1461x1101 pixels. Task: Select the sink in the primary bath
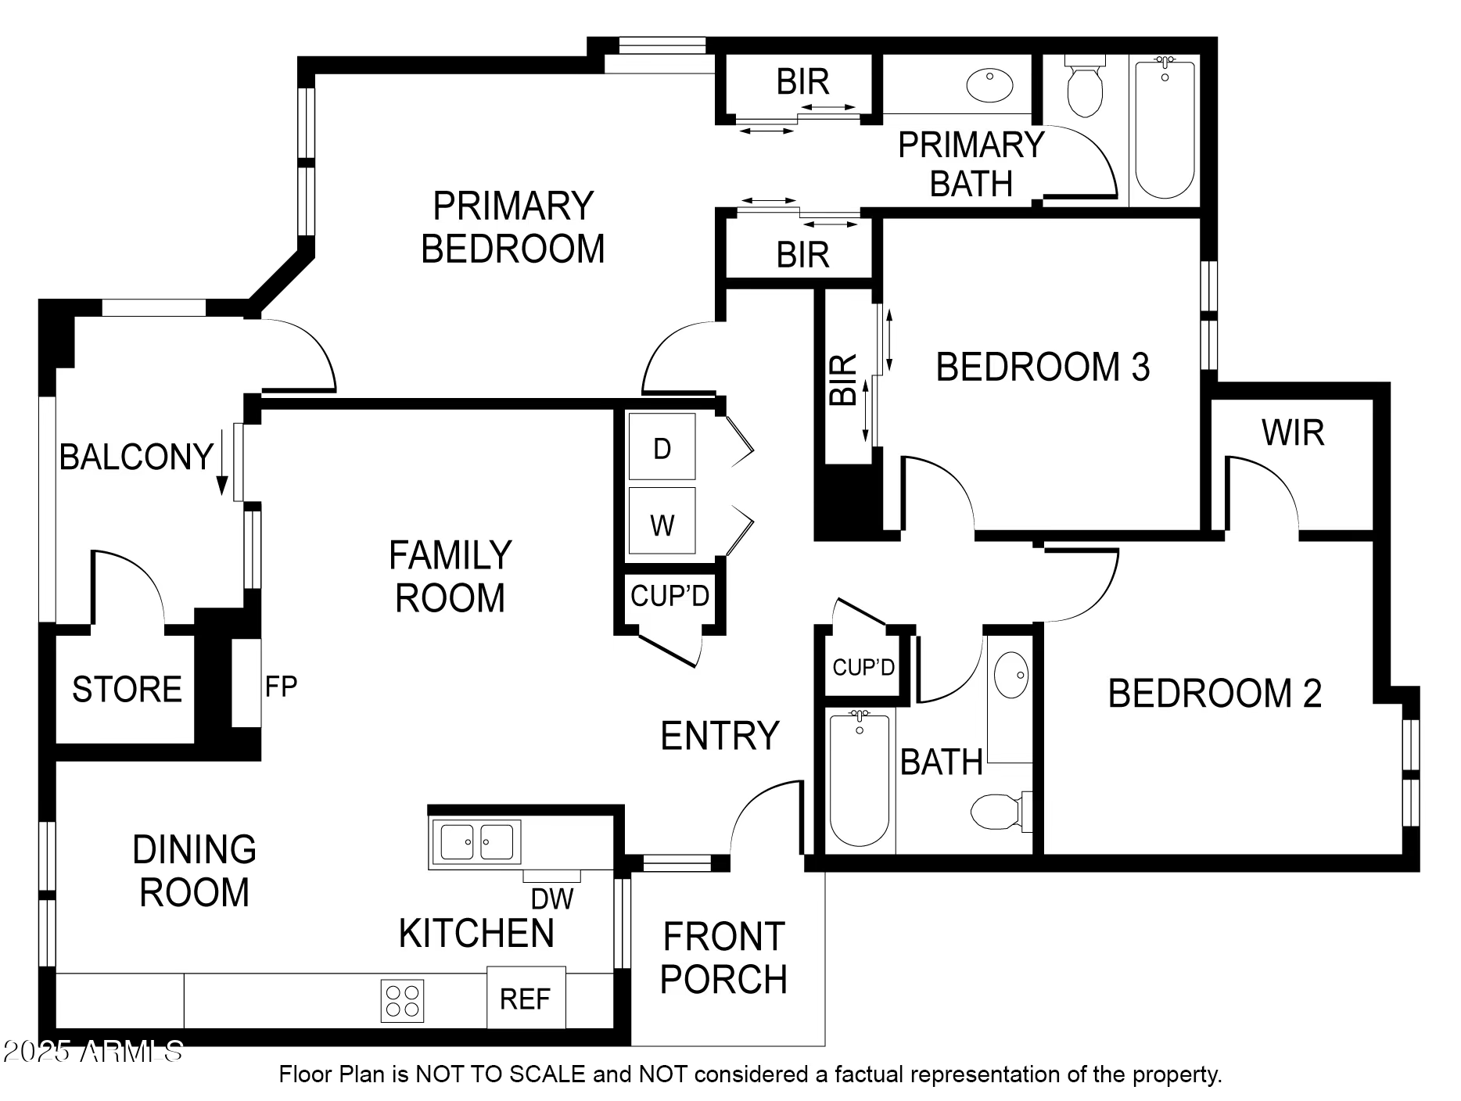tap(989, 85)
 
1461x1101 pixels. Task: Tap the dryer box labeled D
tap(662, 448)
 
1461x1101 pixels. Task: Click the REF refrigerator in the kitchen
tap(526, 999)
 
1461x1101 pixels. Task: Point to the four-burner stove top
tap(402, 1000)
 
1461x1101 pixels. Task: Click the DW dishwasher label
tap(552, 899)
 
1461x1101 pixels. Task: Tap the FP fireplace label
tap(281, 687)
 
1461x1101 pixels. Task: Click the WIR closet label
tap(1293, 433)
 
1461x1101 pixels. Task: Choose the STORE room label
tap(127, 690)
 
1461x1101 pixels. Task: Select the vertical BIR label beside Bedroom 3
tap(844, 379)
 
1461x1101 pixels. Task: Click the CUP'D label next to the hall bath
tap(863, 667)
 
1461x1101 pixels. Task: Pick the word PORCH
tap(723, 980)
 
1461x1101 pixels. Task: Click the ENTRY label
tap(720, 736)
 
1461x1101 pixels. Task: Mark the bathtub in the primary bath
tap(1165, 129)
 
